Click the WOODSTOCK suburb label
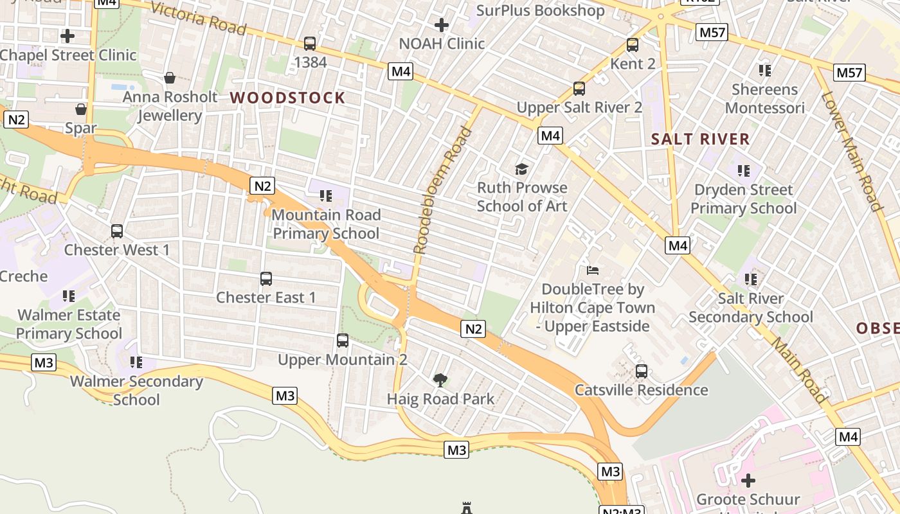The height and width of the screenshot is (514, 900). [x=287, y=98]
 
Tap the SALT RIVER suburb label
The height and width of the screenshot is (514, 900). [x=700, y=139]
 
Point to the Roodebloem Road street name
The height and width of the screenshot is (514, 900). [x=442, y=191]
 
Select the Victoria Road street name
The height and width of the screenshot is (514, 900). [x=198, y=19]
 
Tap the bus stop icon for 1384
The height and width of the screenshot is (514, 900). [x=310, y=44]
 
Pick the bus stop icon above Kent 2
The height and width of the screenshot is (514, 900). [x=633, y=45]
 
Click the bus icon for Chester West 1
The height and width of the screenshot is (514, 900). [x=117, y=231]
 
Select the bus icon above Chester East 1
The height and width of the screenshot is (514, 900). [x=266, y=279]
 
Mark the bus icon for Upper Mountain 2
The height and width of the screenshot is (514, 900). [x=343, y=341]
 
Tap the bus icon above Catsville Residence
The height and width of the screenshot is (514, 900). [x=641, y=371]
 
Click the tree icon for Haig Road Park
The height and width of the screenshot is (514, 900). [x=440, y=380]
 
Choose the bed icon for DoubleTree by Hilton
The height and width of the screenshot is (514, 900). [x=593, y=270]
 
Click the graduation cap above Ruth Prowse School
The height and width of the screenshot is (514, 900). [x=521, y=169]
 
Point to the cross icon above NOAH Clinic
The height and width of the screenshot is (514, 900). [x=442, y=25]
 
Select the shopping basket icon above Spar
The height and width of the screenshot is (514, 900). [x=81, y=109]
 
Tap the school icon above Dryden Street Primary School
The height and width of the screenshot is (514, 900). [x=744, y=171]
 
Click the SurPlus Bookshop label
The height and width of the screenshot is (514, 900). [x=540, y=10]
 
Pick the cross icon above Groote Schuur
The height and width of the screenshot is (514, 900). [x=748, y=480]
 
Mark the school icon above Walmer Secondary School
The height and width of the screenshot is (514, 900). [x=136, y=362]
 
